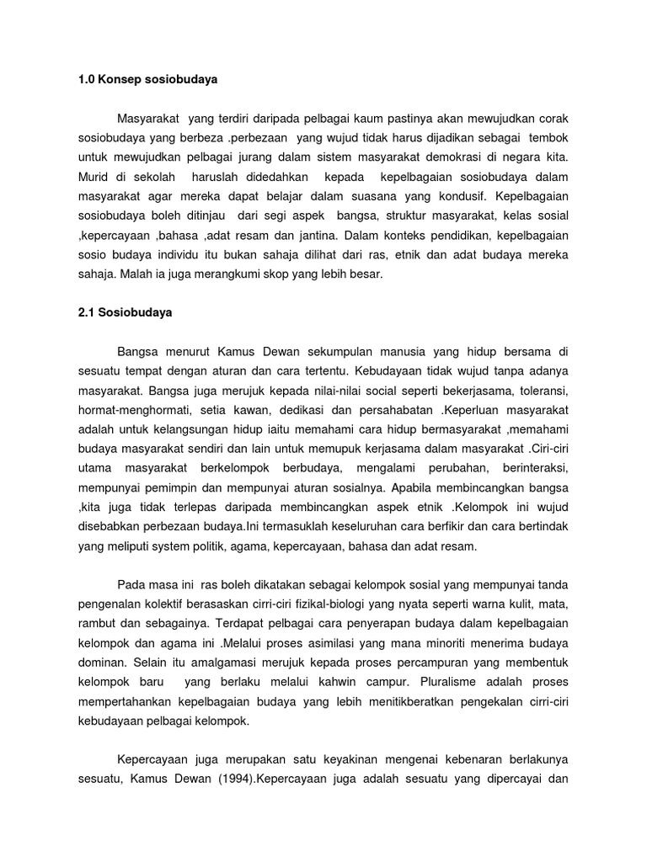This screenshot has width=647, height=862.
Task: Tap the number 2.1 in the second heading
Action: click(x=86, y=311)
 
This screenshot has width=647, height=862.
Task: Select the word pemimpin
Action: click(x=177, y=487)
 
